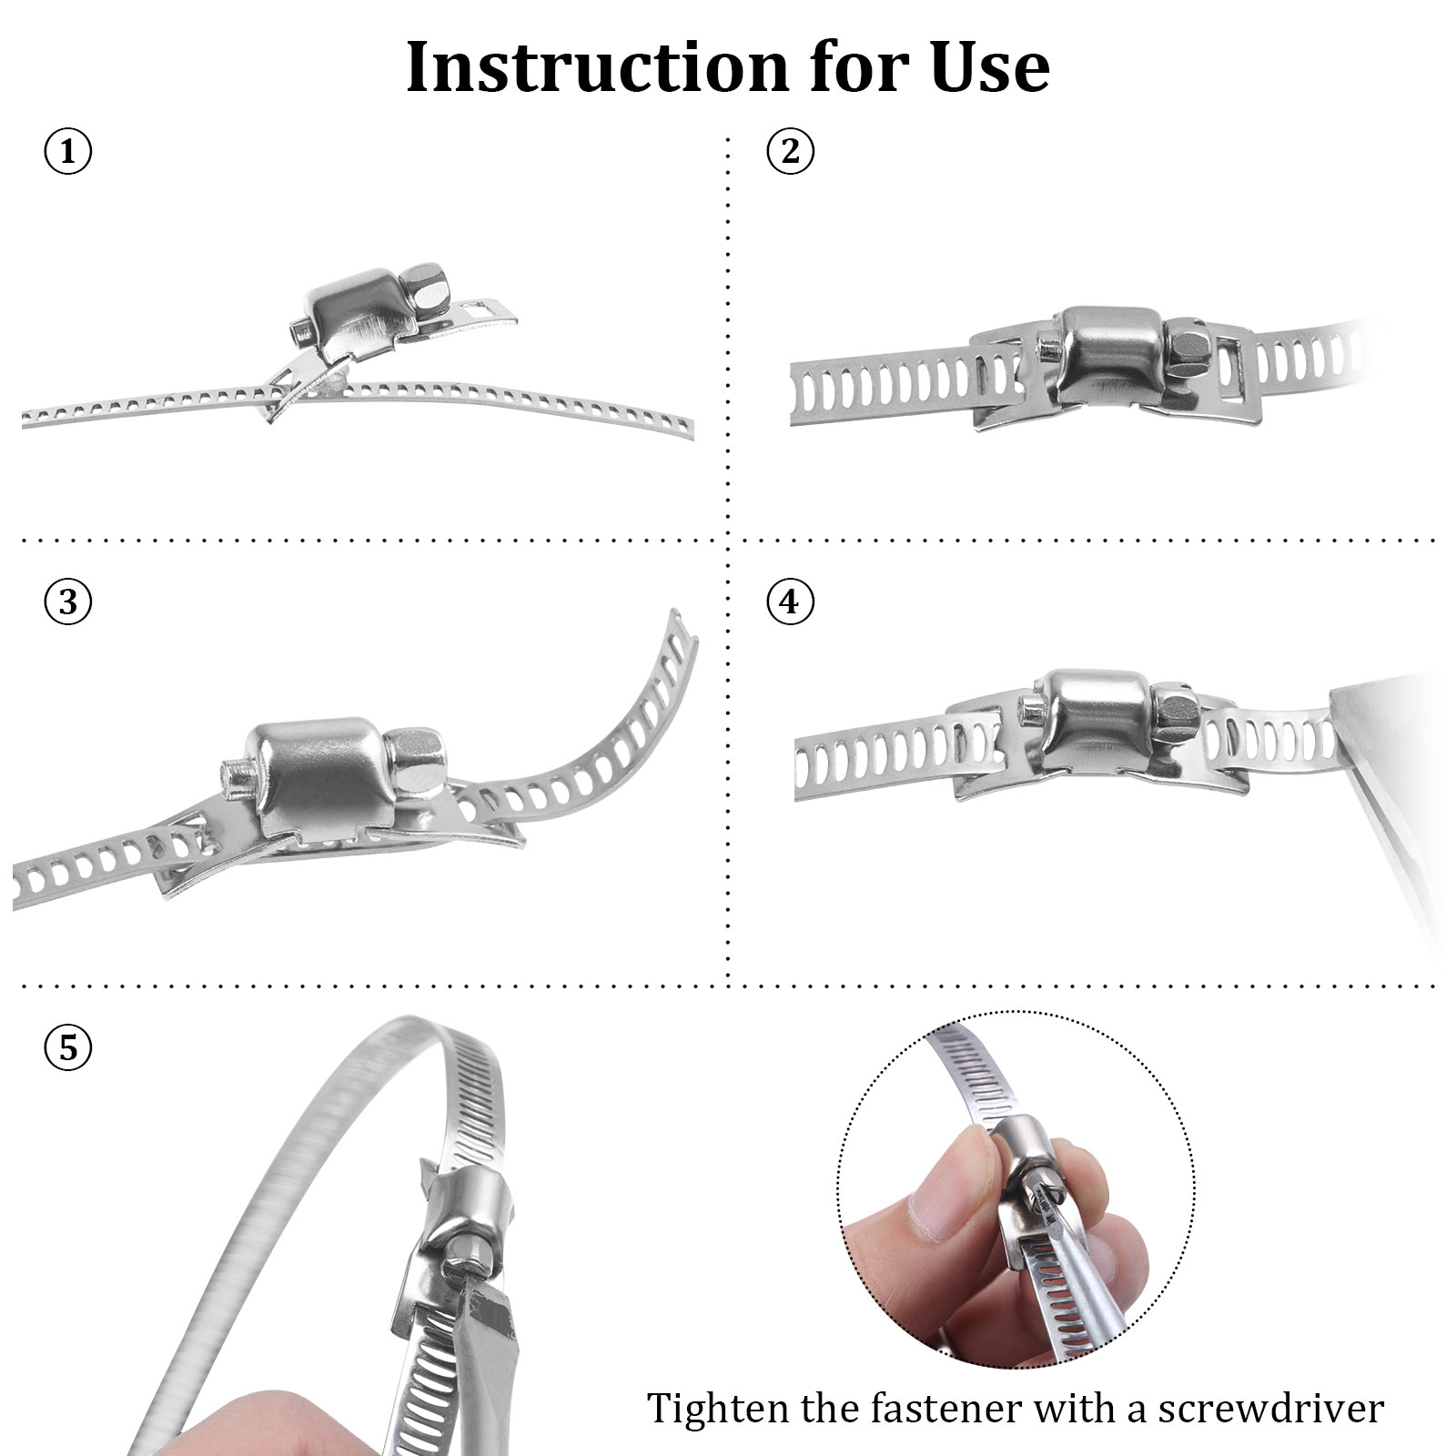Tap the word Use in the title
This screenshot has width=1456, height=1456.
(990, 67)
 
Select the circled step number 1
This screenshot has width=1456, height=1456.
(68, 151)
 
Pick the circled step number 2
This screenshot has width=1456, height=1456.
(790, 151)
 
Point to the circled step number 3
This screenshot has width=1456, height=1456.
(68, 602)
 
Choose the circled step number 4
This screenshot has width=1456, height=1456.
(790, 602)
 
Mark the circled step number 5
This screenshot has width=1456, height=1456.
(68, 1048)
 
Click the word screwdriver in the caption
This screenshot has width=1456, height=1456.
(1270, 1409)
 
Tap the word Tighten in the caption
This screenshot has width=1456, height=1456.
(720, 1410)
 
